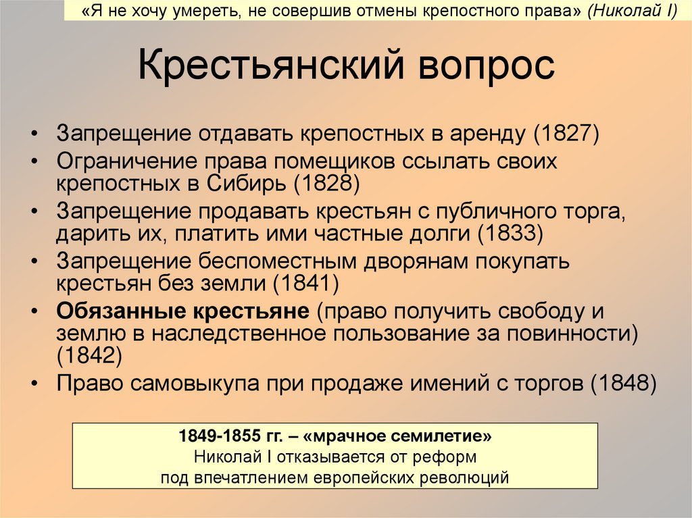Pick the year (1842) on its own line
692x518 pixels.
point(89,353)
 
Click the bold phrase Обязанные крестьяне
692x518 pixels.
point(182,312)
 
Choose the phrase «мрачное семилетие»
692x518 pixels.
point(408,436)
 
